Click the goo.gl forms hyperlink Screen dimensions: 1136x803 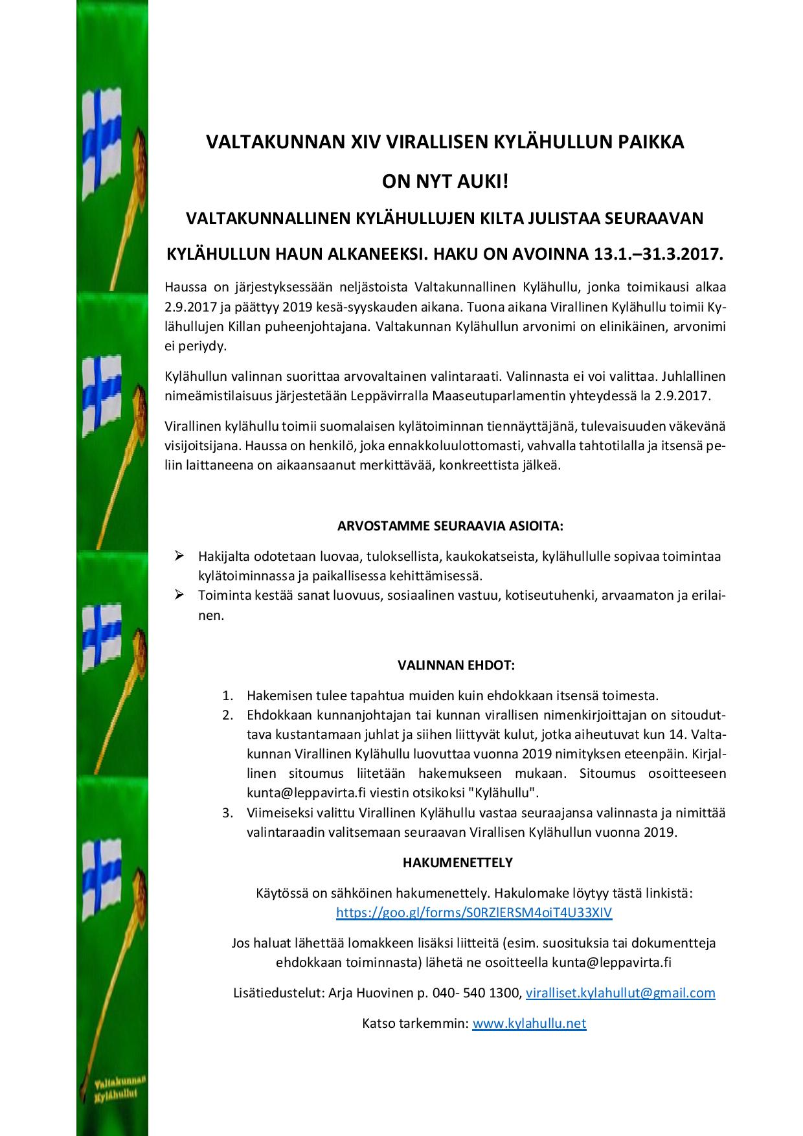click(474, 913)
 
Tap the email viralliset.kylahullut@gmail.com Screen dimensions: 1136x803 click(620, 992)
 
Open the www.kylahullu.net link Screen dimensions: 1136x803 click(529, 1023)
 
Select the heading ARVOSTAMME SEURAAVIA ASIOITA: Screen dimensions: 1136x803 click(451, 525)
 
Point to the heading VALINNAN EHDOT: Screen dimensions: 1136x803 click(456, 665)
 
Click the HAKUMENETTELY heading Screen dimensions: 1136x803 click(457, 862)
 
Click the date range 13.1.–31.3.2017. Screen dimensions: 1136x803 click(657, 255)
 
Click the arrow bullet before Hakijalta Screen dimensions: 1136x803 click(179, 556)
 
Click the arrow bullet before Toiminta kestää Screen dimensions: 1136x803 click(179, 595)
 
